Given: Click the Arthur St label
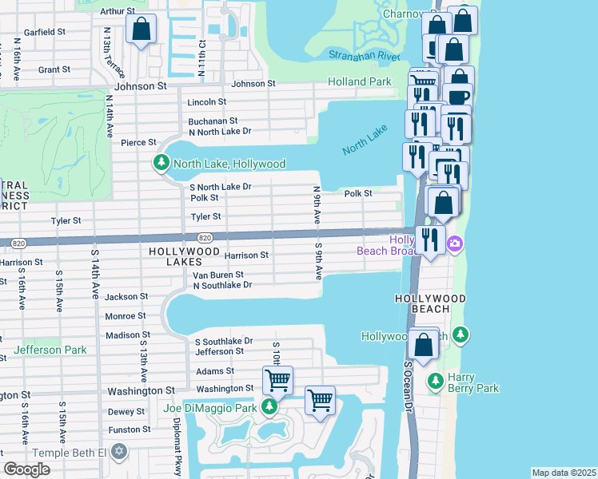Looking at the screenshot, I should [119, 11].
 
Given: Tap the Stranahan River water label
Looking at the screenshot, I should [364, 56].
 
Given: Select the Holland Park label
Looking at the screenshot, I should [359, 81].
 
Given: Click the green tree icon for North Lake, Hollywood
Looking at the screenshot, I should [161, 164].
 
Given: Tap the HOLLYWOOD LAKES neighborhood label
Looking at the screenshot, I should [184, 251].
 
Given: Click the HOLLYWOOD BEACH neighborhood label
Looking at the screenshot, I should [430, 298].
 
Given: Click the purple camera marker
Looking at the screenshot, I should [455, 243].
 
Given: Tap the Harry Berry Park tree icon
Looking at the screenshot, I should [435, 382].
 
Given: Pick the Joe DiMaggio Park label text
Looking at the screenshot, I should [211, 408].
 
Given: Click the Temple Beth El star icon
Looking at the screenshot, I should [119, 453].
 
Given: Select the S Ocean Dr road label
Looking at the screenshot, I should [408, 386].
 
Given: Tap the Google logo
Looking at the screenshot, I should [27, 469].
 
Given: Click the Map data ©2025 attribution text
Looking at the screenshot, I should [563, 473].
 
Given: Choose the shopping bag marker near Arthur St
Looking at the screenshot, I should [142, 30].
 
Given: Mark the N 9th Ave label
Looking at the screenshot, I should [317, 204].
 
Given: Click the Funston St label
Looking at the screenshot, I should [126, 430].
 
